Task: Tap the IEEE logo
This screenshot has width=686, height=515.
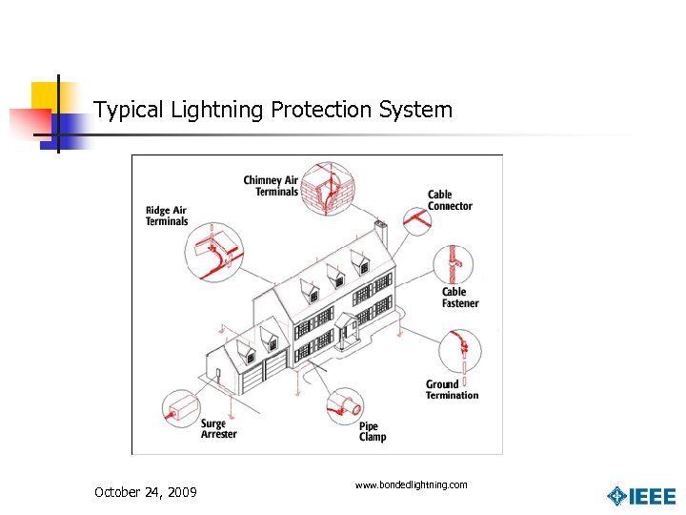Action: tap(642, 496)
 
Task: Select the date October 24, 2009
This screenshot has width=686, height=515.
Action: tap(146, 492)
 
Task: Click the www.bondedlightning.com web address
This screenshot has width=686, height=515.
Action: tap(411, 485)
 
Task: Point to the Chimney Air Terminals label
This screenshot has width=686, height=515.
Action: tap(272, 186)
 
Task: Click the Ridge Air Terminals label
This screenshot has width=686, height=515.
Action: tap(167, 216)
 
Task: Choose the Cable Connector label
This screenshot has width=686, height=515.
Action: tap(449, 200)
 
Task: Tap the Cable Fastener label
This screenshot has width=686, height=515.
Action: tap(459, 298)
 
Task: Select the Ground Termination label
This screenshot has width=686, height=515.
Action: tap(452, 390)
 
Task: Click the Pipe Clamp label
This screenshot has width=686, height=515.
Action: tap(373, 432)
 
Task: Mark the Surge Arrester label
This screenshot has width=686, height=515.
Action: tap(218, 429)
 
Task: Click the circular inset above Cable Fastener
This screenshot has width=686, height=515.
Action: tap(454, 263)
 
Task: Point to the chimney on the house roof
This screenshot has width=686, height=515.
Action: tap(380, 234)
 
